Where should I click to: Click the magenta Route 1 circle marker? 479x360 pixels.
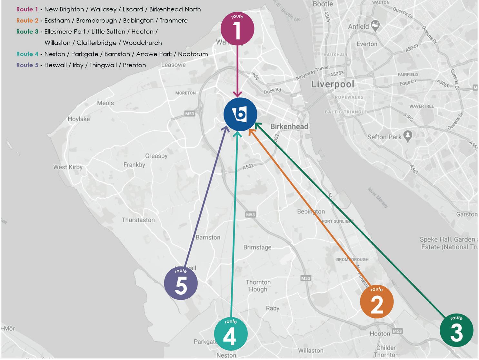(x=237, y=28)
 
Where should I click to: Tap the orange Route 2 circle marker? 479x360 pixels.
(x=376, y=302)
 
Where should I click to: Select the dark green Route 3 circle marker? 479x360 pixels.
(x=456, y=330)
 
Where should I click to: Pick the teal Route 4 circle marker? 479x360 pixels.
(x=231, y=334)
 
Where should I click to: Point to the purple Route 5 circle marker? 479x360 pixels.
(x=181, y=283)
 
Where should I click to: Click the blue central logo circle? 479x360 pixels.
(x=240, y=114)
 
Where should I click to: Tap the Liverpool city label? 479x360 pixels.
(x=333, y=85)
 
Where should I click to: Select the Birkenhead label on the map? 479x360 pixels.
(x=289, y=126)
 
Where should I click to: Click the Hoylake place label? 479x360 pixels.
(x=79, y=119)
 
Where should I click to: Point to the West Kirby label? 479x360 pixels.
(x=68, y=167)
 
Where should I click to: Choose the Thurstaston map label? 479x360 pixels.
(x=138, y=220)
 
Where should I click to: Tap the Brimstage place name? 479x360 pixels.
(x=257, y=247)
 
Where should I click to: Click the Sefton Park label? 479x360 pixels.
(x=384, y=137)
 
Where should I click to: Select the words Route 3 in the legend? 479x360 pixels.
(x=27, y=32)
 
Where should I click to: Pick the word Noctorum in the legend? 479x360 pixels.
(x=193, y=54)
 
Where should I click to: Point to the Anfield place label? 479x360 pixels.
(x=358, y=26)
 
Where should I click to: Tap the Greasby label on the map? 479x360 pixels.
(x=156, y=156)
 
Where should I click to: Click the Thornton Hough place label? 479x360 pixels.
(x=258, y=286)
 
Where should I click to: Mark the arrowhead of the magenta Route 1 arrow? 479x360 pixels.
(x=238, y=95)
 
